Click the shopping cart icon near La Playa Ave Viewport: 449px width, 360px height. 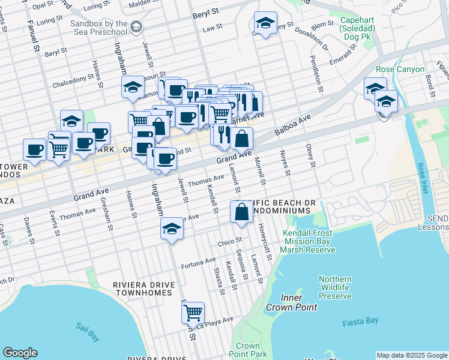point(193,312)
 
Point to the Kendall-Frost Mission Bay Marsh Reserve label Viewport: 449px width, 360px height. point(309,241)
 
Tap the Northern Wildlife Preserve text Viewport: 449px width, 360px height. point(335,287)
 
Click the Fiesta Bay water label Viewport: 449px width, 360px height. point(360,321)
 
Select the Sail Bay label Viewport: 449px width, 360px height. point(88,332)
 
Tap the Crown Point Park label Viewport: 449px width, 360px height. point(247,350)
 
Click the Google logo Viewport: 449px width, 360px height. point(20,353)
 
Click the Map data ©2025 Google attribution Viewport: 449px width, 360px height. point(412,355)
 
